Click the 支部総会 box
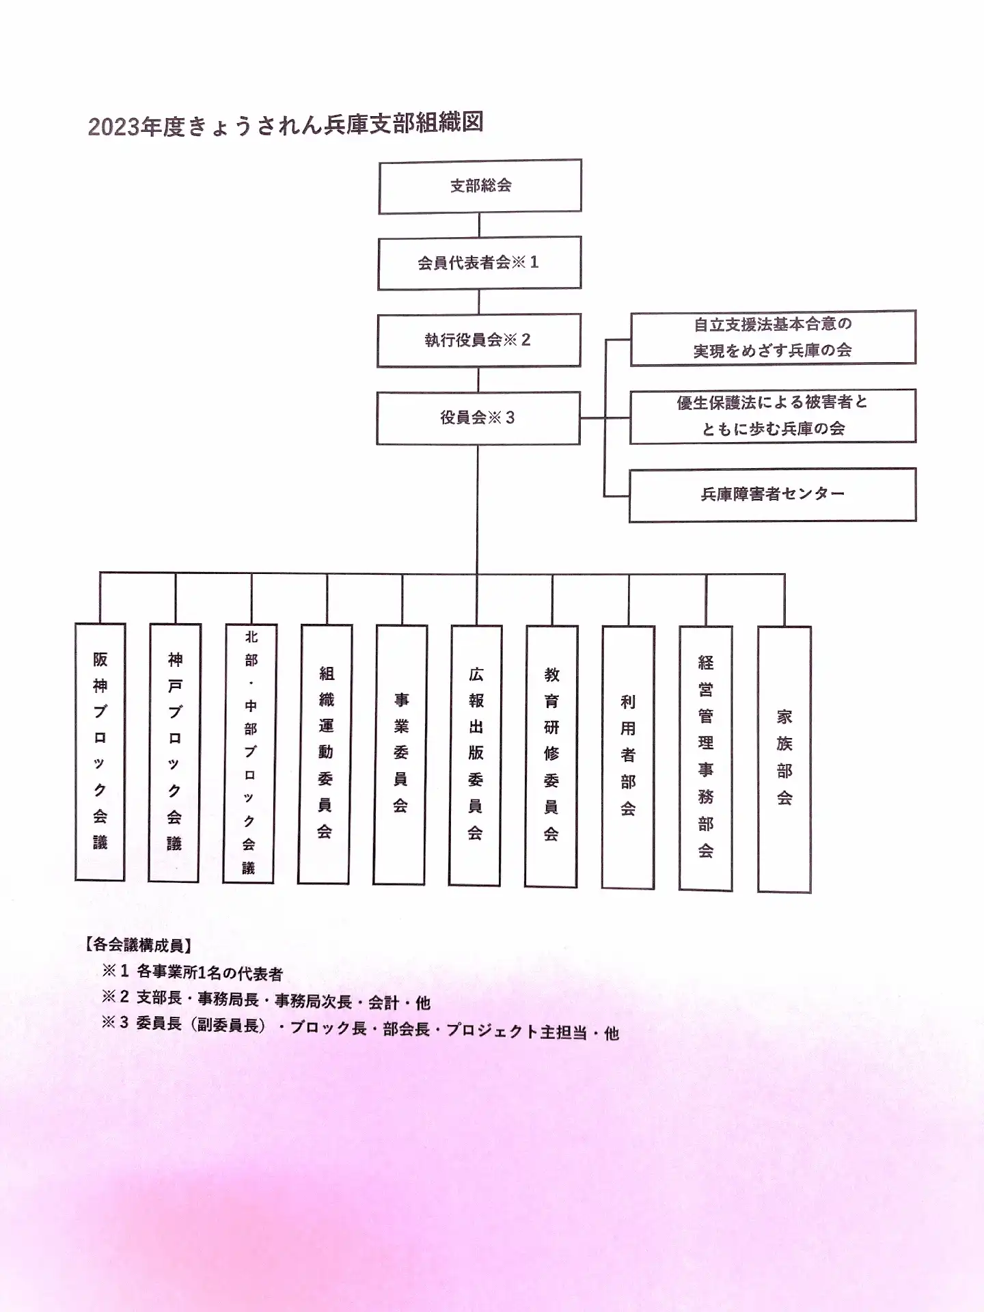[480, 186]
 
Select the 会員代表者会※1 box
[479, 263]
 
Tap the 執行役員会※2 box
[478, 340]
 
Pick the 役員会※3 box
[478, 418]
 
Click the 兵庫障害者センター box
[772, 495]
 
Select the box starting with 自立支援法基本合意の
[773, 338]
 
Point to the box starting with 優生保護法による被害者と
[773, 416]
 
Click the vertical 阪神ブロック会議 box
[100, 752]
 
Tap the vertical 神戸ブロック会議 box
[175, 752]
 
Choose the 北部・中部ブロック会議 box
[250, 753]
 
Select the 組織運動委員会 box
[325, 754]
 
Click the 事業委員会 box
[400, 755]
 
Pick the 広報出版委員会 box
[476, 756]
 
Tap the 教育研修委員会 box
[551, 756]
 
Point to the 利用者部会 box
[628, 757]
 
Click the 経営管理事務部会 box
[706, 758]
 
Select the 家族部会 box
[784, 759]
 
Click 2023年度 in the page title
[136, 127]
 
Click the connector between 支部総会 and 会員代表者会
[480, 225]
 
